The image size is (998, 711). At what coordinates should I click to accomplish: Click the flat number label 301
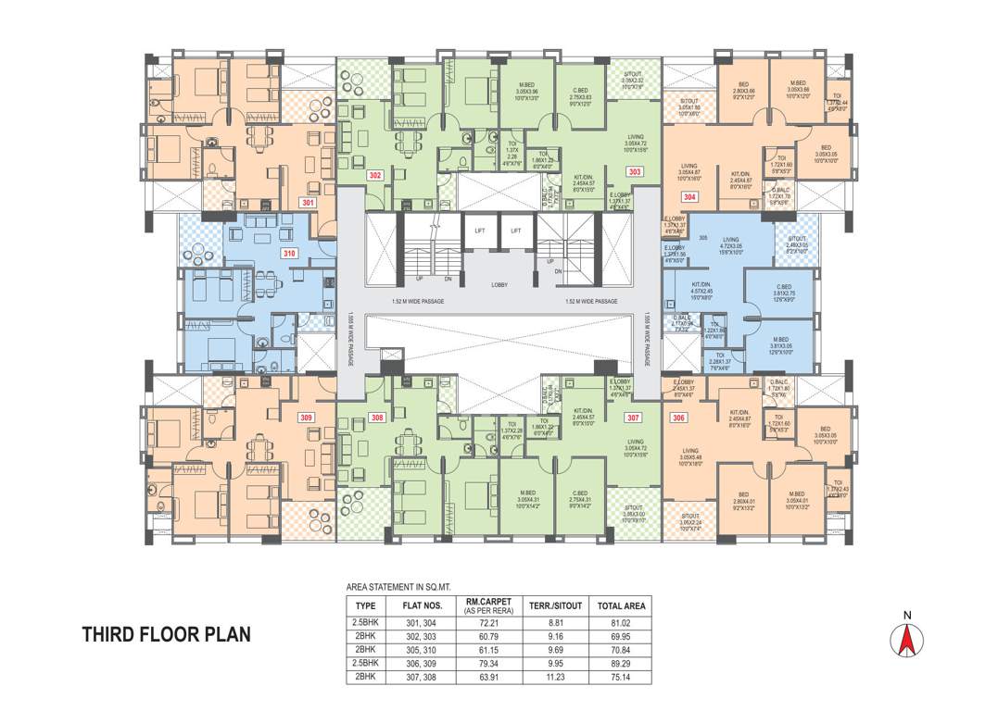(308, 201)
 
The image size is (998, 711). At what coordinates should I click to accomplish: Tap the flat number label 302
(375, 174)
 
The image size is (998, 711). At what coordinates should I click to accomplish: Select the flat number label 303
(634, 171)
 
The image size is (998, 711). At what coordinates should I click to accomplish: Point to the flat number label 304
(689, 196)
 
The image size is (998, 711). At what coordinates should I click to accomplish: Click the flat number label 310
(290, 252)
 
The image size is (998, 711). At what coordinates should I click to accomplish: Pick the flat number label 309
(306, 418)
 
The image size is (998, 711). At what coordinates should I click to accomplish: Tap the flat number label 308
(375, 418)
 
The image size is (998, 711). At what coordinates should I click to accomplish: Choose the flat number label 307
(634, 418)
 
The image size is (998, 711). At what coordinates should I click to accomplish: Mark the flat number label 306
(679, 418)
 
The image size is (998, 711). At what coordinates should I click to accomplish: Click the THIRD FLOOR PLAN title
(167, 635)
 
